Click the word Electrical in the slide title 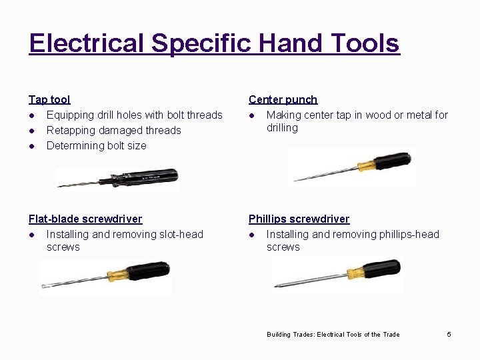(87, 44)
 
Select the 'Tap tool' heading (49, 100)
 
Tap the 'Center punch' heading (283, 100)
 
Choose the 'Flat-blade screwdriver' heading (85, 219)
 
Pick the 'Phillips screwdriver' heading (299, 219)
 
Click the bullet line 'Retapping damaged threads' (113, 131)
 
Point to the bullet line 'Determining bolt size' (96, 146)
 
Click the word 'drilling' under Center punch (282, 128)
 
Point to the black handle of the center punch (393, 161)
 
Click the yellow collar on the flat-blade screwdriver (116, 273)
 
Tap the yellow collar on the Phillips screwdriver (353, 272)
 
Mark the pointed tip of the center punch (295, 180)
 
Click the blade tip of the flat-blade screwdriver (43, 287)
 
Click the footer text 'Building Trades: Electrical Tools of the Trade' (333, 335)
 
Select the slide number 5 (449, 334)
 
